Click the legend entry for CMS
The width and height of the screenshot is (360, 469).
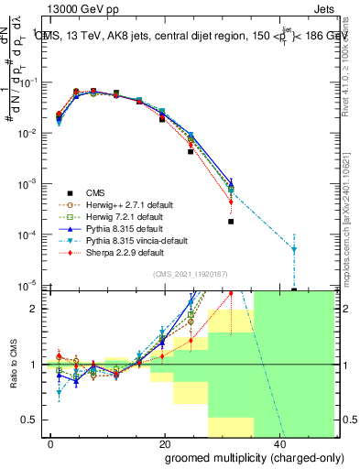[96, 192]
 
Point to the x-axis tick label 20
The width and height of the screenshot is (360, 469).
[164, 442]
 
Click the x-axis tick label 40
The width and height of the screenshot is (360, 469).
[278, 442]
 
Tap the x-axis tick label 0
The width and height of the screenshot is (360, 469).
[50, 442]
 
